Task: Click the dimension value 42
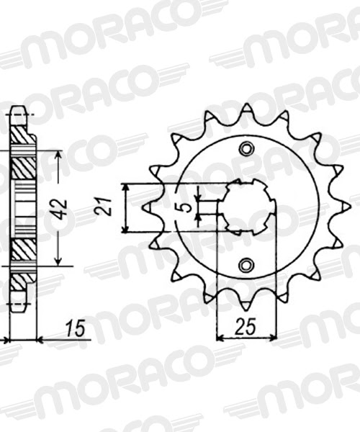pyautogui.click(x=63, y=209)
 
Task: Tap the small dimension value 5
pyautogui.click(x=186, y=208)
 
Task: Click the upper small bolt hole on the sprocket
pyautogui.click(x=247, y=149)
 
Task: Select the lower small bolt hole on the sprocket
pyautogui.click(x=247, y=264)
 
